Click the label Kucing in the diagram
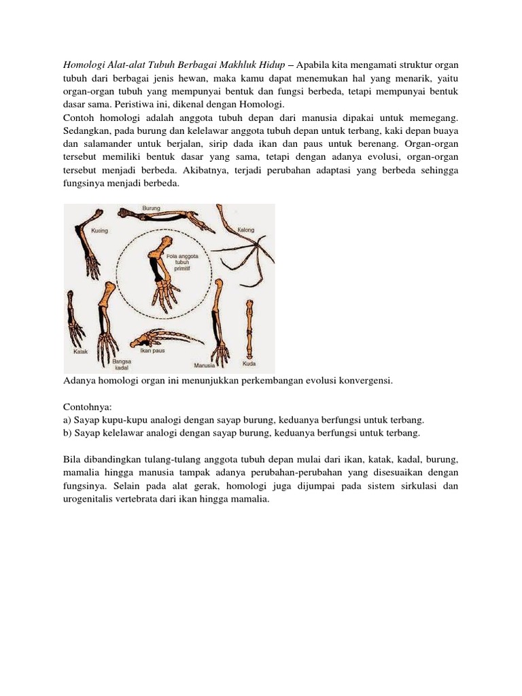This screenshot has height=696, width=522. coord(100,230)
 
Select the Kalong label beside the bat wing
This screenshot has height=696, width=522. coord(246,230)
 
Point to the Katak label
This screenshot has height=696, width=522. coord(80,352)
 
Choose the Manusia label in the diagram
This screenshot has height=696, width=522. coord(205,364)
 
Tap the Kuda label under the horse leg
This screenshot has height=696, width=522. coord(249,363)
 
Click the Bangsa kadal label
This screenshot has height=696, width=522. coord(122,364)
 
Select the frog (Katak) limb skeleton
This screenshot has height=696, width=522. coord(75,319)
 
